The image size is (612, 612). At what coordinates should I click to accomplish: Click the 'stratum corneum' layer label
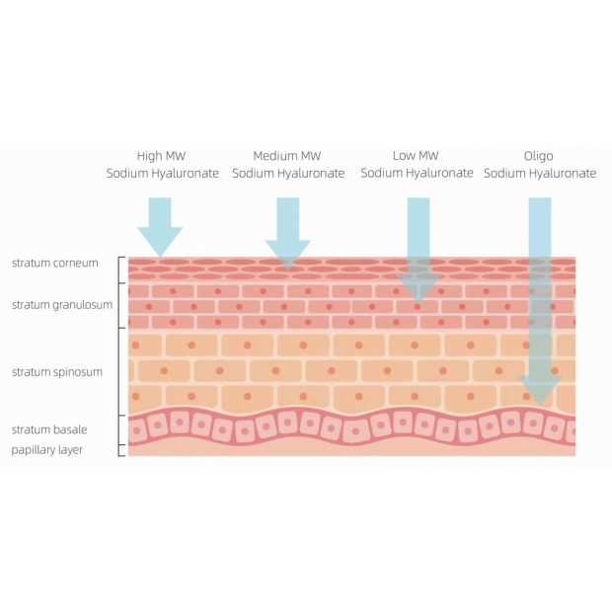coord(55,264)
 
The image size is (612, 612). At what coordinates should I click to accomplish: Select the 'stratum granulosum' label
coord(62,305)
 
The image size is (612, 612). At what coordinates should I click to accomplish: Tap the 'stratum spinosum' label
coord(57,372)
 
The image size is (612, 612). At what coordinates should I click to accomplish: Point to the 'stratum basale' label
coord(49,429)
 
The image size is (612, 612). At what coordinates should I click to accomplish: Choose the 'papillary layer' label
coord(46,450)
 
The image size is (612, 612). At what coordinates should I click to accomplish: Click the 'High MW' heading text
coord(161,156)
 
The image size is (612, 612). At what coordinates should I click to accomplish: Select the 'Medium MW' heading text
coord(287,156)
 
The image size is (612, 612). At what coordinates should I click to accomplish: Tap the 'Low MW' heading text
coord(416,156)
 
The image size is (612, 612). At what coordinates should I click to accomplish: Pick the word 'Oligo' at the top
coord(539,156)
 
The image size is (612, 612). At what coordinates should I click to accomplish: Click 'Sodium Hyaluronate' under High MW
coord(162,174)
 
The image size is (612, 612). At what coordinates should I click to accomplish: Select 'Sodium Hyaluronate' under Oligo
coord(540,174)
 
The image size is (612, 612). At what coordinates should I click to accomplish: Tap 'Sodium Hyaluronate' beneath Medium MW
coord(288,174)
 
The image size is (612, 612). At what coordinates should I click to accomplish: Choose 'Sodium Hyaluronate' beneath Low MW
coord(417,173)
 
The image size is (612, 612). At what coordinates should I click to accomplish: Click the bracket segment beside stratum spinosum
coord(119,371)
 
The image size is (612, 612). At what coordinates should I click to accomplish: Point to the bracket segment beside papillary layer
coord(119,450)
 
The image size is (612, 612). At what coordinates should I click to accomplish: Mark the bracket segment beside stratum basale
coord(119,430)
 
